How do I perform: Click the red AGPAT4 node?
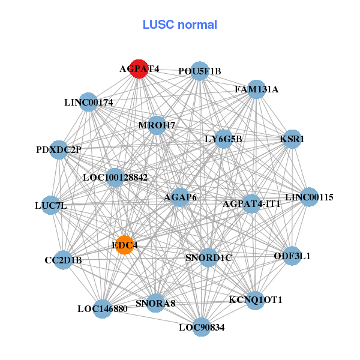pyautogui.click(x=139, y=68)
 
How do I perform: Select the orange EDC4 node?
pyautogui.click(x=124, y=245)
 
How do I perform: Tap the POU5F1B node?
pyautogui.click(x=199, y=71)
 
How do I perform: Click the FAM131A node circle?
pyautogui.click(x=256, y=89)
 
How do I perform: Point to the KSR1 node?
pyautogui.click(x=292, y=139)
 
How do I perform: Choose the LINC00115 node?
pyautogui.click(x=309, y=197)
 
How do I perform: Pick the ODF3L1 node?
pyautogui.click(x=292, y=256)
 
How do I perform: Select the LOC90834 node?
pyautogui.click(x=202, y=327)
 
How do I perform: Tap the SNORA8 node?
pyautogui.click(x=155, y=303)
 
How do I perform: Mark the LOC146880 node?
pyautogui.click(x=102, y=309)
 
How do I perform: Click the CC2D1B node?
pyautogui.click(x=63, y=260)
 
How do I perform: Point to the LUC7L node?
pyautogui.click(x=51, y=205)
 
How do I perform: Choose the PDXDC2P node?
pyautogui.click(x=58, y=149)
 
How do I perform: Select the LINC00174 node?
pyautogui.click(x=88, y=102)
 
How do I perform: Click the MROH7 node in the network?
pyautogui.click(x=157, y=125)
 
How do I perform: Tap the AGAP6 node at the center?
pyautogui.click(x=180, y=197)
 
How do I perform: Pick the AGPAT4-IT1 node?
pyautogui.click(x=251, y=203)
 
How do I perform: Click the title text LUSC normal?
pyautogui.click(x=179, y=25)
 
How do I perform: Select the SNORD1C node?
pyautogui.click(x=208, y=257)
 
